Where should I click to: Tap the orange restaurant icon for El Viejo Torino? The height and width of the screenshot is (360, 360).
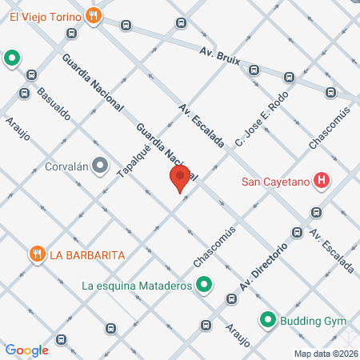click(x=94, y=14)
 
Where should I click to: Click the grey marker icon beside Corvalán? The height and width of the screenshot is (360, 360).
click(x=100, y=166)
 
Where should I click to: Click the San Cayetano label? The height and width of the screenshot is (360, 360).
click(x=276, y=180)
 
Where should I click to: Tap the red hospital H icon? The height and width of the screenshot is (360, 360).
click(x=321, y=180)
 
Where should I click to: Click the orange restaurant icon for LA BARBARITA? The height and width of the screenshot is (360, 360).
click(x=36, y=255)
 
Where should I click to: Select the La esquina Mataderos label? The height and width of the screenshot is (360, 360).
click(x=137, y=285)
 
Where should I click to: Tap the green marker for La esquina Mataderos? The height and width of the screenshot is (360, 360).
click(x=204, y=284)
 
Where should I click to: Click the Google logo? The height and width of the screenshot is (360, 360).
click(x=26, y=350)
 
